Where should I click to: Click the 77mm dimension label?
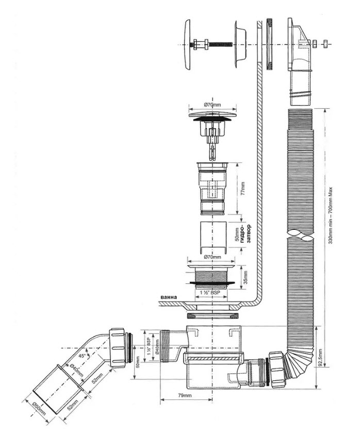[x=242, y=189]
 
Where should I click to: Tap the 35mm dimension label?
[x=246, y=277]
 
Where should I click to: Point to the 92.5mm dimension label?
[x=320, y=358]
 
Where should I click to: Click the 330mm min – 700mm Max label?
[x=331, y=215]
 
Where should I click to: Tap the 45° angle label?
[x=82, y=356]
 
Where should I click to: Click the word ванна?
[x=169, y=297]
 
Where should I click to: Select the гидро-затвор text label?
[x=246, y=234]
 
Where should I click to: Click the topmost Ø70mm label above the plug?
[x=212, y=105]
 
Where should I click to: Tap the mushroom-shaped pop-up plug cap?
[x=213, y=117]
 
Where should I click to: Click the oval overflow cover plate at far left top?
[x=187, y=45]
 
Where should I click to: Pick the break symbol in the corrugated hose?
[x=300, y=235]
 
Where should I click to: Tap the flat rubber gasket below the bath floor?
[x=212, y=316]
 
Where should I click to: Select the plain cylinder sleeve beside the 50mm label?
[x=212, y=238]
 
